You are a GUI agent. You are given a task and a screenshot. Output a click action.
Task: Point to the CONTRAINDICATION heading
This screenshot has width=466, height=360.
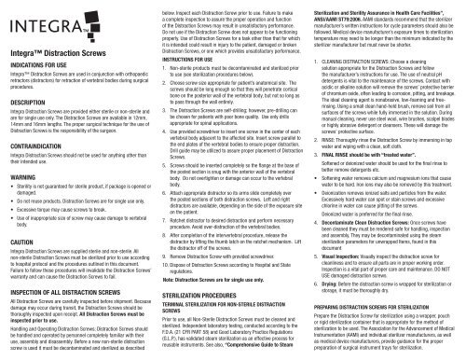[41, 167]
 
